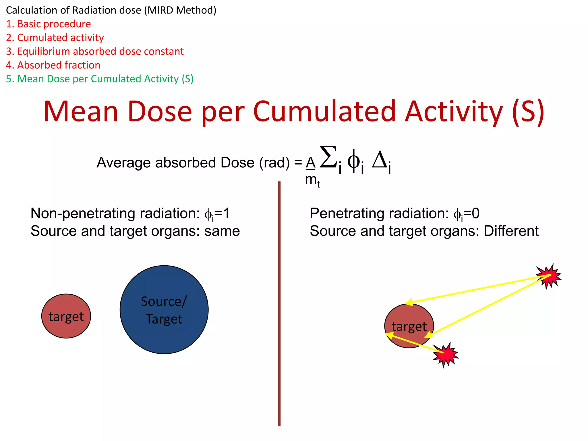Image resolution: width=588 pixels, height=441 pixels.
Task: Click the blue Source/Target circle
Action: pos(164,310)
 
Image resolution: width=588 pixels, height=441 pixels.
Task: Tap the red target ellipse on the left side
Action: pos(66,316)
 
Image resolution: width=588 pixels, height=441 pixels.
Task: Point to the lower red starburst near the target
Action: pos(446,355)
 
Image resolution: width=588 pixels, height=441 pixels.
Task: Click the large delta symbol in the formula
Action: pos(380,160)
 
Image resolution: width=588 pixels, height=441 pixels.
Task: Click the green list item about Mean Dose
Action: pos(100,79)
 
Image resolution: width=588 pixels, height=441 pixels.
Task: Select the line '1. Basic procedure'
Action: pos(48,24)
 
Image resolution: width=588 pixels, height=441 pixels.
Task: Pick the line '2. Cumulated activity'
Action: pos(55,38)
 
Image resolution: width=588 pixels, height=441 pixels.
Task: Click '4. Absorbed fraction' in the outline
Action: pos(53,65)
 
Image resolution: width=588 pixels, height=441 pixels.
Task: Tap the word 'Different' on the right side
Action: pos(511,231)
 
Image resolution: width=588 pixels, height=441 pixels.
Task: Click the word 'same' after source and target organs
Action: pos(222,231)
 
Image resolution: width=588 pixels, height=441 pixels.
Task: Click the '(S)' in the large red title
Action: pos(528,112)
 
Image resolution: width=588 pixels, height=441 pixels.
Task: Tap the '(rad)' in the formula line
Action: pos(274,163)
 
